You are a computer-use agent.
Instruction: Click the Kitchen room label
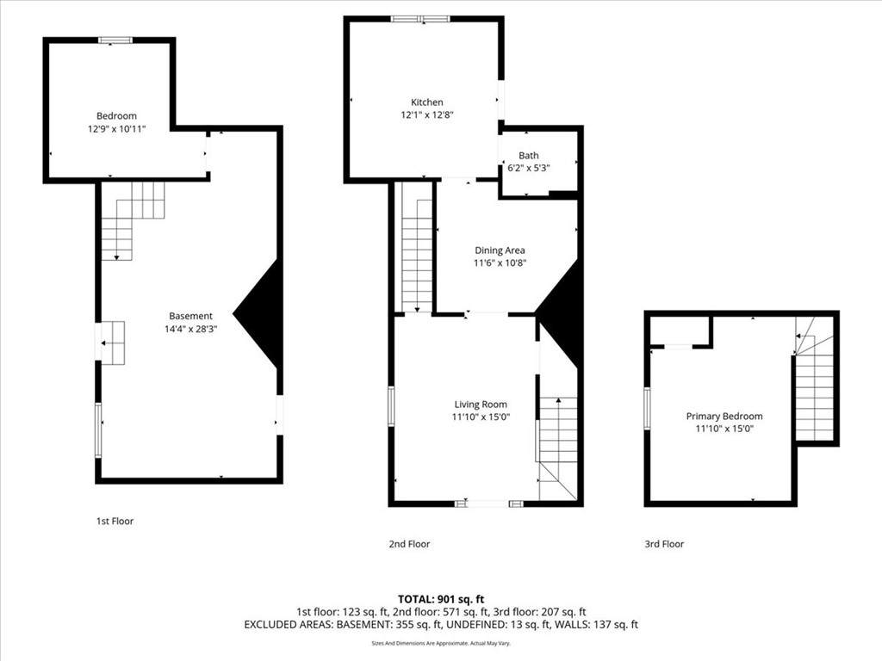point(427,102)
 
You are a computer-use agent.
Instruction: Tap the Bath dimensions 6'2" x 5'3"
point(529,168)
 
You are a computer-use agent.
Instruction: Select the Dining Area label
point(500,250)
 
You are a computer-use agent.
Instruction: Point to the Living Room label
point(481,405)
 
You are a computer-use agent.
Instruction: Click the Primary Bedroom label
point(724,417)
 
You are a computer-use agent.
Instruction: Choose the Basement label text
point(190,316)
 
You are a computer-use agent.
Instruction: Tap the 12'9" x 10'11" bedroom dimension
point(116,129)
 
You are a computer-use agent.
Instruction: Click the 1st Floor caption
point(115,521)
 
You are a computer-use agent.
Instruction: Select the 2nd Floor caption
point(409,544)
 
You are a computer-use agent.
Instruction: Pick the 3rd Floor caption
point(664,544)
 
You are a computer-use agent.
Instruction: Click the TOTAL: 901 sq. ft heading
point(441,599)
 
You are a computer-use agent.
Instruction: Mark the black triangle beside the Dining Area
point(557,313)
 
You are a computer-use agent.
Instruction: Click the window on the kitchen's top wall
point(420,19)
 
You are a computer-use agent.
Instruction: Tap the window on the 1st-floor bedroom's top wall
point(115,40)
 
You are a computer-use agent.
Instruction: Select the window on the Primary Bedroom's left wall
point(647,409)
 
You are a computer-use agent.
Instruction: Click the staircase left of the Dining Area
point(417,247)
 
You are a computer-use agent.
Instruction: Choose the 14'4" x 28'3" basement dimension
point(190,329)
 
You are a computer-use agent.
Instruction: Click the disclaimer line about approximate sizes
point(441,643)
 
